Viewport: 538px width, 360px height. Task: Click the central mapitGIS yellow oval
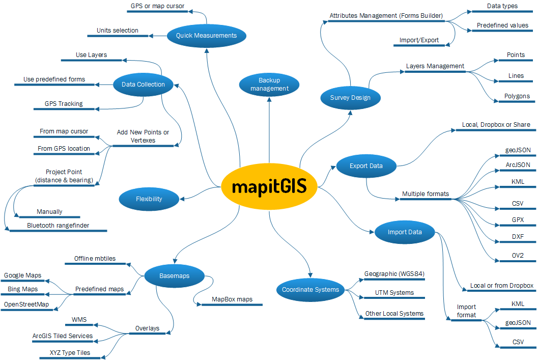tap(269, 186)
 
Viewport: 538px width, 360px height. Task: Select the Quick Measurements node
tap(206, 36)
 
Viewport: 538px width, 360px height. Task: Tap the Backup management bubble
tap(269, 85)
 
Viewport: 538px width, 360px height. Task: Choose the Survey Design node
tap(350, 98)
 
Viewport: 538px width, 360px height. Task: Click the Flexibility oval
tap(149, 199)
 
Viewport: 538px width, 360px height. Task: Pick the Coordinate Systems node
tap(310, 290)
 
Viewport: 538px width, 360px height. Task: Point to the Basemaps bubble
tap(174, 276)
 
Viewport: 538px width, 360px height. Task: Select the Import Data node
tap(405, 232)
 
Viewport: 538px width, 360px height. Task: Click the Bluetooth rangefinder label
tap(58, 226)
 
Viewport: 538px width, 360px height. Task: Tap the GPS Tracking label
tap(64, 104)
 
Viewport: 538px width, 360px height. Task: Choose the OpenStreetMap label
tap(26, 304)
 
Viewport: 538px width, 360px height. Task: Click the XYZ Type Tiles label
tap(70, 353)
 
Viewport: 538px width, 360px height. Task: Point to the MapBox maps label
tap(232, 299)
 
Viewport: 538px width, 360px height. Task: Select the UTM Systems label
tap(394, 293)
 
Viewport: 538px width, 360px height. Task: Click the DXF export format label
tap(518, 236)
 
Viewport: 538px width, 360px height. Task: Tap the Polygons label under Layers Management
tap(517, 96)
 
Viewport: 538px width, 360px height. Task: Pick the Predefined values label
tap(502, 25)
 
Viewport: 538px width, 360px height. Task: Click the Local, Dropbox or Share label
tap(496, 125)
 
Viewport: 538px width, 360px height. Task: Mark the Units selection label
tap(118, 30)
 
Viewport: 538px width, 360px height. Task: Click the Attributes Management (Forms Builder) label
tap(386, 16)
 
